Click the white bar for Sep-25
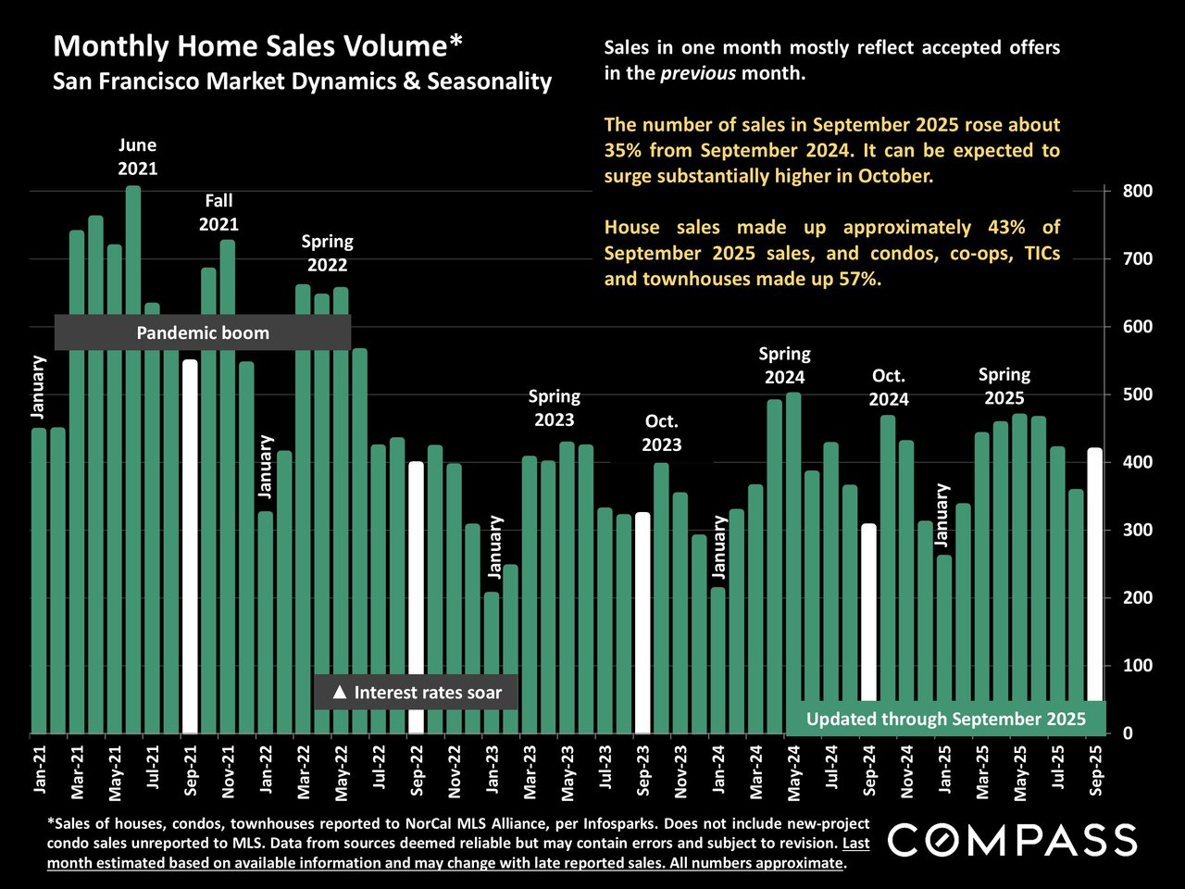point(1094,574)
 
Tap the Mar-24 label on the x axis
point(756,771)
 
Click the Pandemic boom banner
point(203,333)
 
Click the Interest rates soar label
point(427,692)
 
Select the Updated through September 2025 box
point(945,719)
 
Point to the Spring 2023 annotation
point(554,407)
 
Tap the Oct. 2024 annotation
point(889,387)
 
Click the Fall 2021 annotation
point(218,212)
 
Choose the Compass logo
point(1013,840)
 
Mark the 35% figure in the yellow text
point(623,150)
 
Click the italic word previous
point(698,72)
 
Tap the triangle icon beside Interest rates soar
point(339,692)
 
